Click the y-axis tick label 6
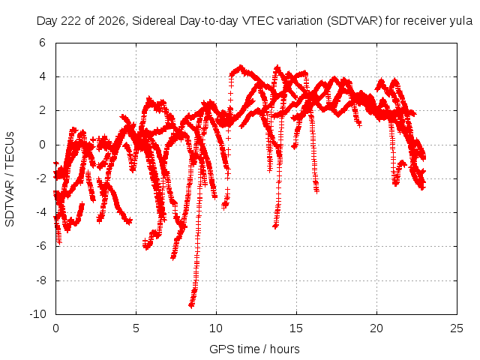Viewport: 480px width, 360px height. click(x=42, y=43)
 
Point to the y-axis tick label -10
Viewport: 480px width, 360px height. click(x=37, y=314)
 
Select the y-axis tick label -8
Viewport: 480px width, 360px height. click(x=40, y=280)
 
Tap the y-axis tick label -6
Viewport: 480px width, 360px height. click(x=40, y=246)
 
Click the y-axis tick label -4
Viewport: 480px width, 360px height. click(x=40, y=211)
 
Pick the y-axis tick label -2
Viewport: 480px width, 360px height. click(x=40, y=178)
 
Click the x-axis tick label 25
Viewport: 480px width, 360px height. click(x=457, y=328)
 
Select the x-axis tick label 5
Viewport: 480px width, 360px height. click(x=136, y=328)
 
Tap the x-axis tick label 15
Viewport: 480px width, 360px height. click(x=296, y=328)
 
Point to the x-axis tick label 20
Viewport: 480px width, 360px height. click(x=376, y=328)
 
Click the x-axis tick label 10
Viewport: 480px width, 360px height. click(x=216, y=328)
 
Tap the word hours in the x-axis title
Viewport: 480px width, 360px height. click(x=285, y=349)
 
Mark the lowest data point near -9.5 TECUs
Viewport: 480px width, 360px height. click(x=191, y=305)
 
